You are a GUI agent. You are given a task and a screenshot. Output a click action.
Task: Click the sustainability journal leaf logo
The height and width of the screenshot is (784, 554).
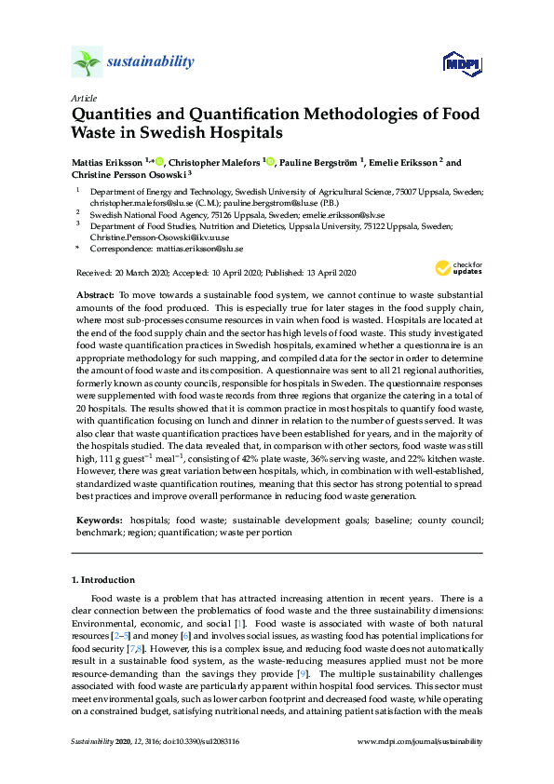pos(87,62)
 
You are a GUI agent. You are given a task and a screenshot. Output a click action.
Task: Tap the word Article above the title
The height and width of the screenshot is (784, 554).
pos(82,98)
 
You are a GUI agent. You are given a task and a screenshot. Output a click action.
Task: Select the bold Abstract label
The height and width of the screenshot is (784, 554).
pos(94,293)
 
